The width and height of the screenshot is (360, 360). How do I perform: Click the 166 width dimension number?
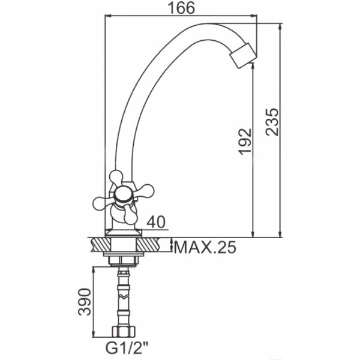181,8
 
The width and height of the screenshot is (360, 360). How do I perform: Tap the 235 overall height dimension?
272,122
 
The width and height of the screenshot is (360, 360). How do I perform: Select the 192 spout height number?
245,142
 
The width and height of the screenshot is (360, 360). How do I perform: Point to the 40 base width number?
156,222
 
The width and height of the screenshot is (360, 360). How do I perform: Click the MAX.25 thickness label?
205,247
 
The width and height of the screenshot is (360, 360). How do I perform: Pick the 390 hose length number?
85,302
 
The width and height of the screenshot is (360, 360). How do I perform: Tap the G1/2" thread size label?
127,348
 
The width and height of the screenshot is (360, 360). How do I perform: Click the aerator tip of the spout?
244,56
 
